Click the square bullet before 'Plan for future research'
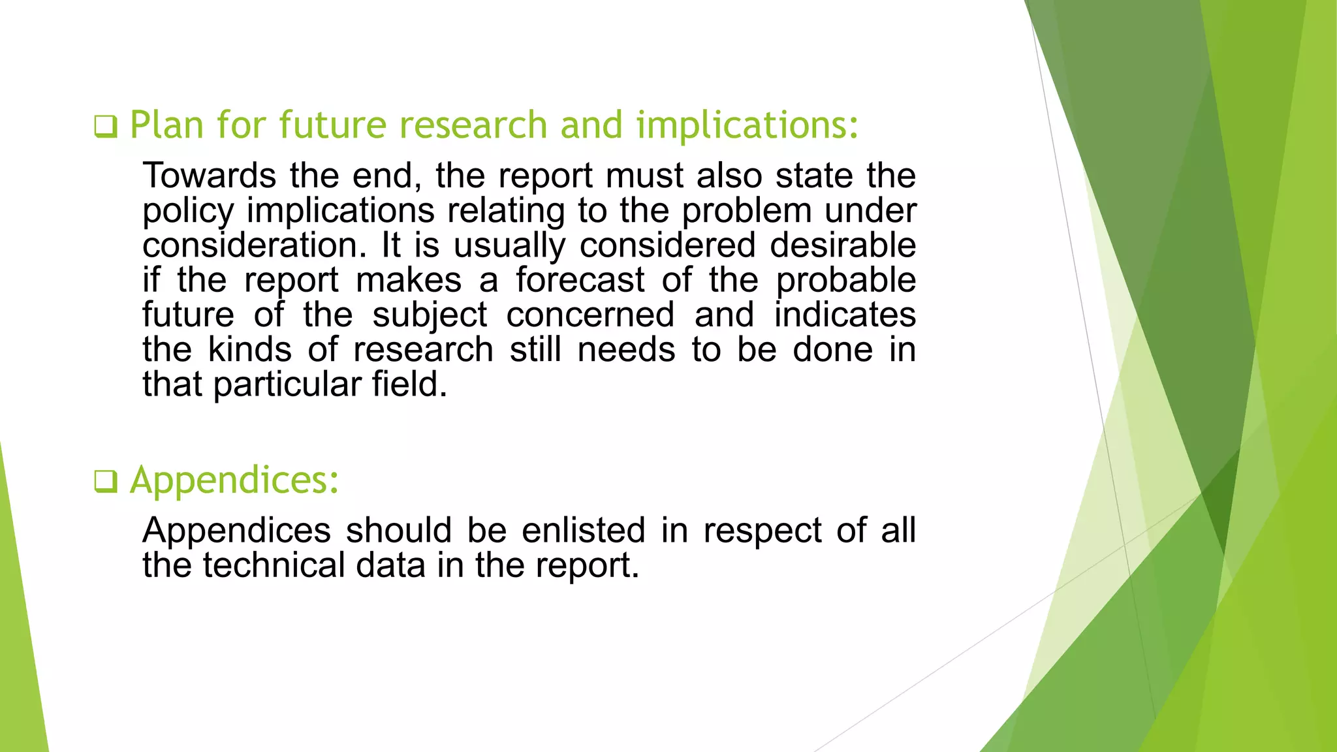tap(105, 126)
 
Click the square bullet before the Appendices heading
tap(105, 482)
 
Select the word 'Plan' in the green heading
tap(166, 125)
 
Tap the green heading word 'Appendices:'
tap(234, 481)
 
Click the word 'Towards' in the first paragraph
tap(210, 176)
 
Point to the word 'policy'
tap(188, 211)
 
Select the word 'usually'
tap(509, 247)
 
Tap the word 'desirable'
tap(843, 245)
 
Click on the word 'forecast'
tap(580, 280)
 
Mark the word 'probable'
tap(846, 281)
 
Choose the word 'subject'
tap(430, 316)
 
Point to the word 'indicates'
tap(845, 315)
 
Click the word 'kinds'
tap(250, 349)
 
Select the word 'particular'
tap(287, 385)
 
